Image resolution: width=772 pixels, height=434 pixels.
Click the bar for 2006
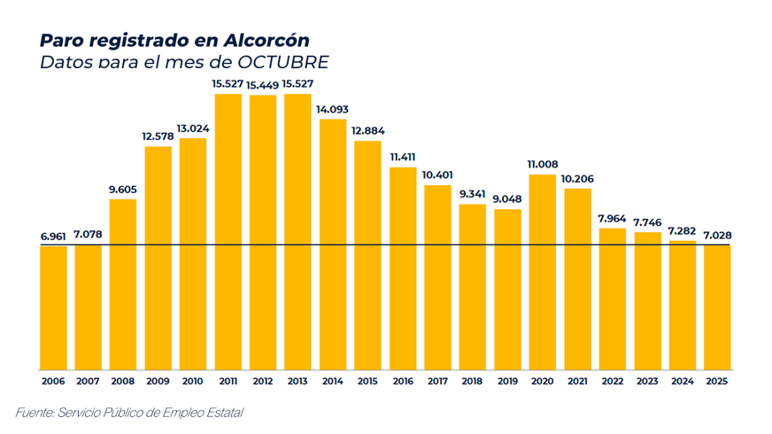[x=53, y=307]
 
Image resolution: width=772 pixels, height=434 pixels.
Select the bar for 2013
[x=297, y=231]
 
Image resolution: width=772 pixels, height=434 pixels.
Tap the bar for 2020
[x=543, y=272]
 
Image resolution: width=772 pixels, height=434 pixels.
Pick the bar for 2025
[x=717, y=307]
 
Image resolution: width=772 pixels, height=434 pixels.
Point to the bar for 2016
[x=403, y=267]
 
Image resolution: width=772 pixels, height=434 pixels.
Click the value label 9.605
[x=123, y=190]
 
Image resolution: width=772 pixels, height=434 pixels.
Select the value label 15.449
[x=263, y=85]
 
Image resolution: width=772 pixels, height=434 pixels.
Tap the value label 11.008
[x=543, y=164]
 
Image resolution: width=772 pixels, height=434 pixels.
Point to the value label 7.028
[x=717, y=235]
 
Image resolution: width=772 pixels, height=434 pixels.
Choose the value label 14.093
[x=333, y=109]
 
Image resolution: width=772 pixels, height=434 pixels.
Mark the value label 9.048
[x=508, y=199]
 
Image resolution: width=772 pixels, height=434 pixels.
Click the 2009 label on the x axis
[x=158, y=381]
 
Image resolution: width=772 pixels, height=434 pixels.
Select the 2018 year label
[x=473, y=381]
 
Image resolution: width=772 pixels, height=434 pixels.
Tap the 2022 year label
[x=613, y=381]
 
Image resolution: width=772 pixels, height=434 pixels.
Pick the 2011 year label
[x=228, y=381]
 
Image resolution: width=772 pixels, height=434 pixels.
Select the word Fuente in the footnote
[x=35, y=413]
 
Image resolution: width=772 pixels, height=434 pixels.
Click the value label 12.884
[x=368, y=131]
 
